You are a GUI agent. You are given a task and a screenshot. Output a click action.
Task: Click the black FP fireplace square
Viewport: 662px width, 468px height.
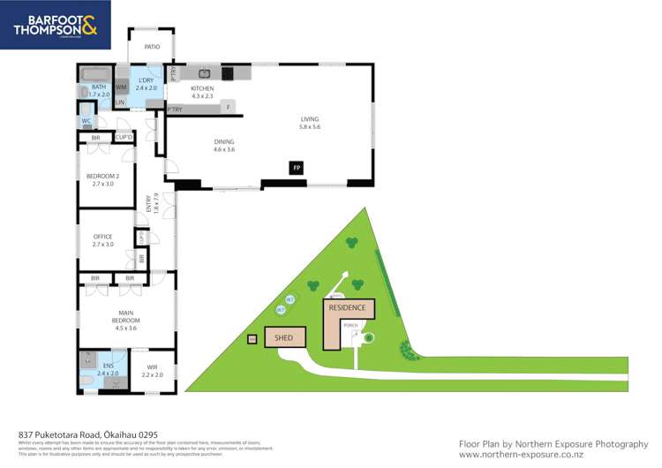tap(297, 166)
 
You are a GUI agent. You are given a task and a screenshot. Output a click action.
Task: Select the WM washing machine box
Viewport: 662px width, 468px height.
tap(121, 87)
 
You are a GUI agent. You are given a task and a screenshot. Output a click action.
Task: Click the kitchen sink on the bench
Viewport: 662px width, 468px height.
tap(204, 73)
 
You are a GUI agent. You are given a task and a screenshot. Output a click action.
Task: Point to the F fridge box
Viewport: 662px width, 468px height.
tap(229, 108)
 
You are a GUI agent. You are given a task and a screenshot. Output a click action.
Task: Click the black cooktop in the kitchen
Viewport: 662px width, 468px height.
tap(227, 73)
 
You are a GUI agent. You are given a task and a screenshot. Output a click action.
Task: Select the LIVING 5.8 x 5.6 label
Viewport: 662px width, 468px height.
tap(309, 123)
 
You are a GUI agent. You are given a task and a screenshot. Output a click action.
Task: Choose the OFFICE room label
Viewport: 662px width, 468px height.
tap(103, 239)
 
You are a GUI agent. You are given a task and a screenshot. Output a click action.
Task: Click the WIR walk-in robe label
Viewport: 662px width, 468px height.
tap(153, 371)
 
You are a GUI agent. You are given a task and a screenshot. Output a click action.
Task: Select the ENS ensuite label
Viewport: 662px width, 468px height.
tap(107, 369)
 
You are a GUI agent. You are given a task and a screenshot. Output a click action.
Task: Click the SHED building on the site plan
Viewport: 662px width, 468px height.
tap(284, 337)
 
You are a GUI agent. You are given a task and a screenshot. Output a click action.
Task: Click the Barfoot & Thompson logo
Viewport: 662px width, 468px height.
tap(56, 25)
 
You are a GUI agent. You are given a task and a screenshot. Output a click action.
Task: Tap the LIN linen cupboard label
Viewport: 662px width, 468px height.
tap(119, 103)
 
